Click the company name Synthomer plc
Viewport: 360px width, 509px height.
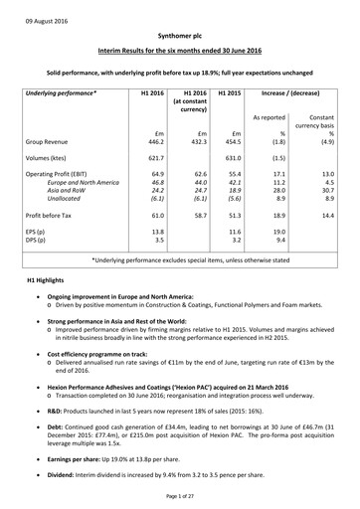click(179, 32)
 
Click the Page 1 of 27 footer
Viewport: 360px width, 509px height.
click(179, 496)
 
